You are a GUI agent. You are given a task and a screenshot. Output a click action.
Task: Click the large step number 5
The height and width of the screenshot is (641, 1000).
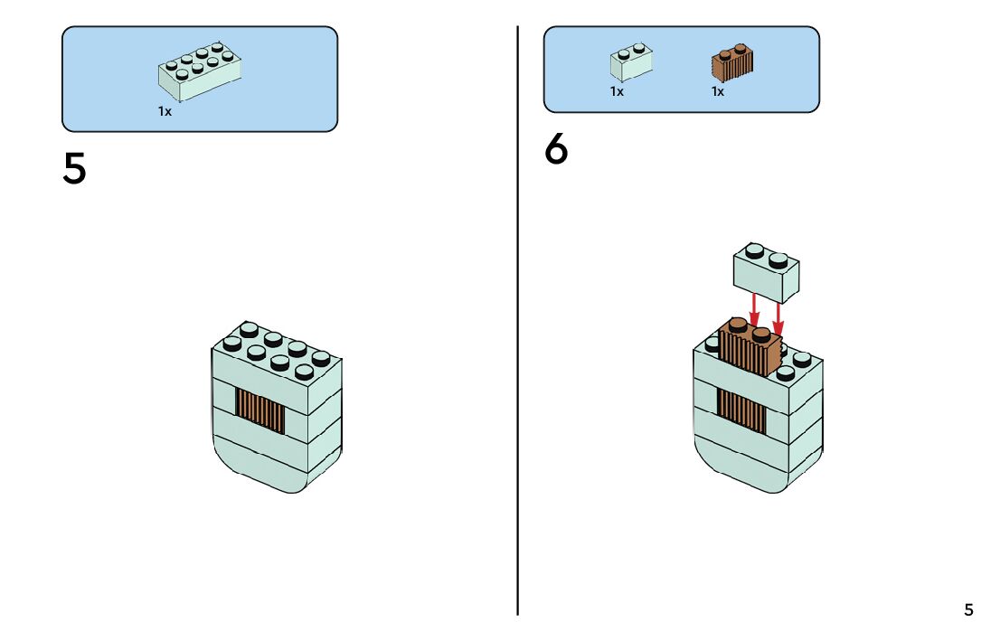pyautogui.click(x=75, y=168)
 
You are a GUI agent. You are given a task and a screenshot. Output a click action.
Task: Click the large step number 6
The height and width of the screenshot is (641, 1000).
pyautogui.click(x=556, y=150)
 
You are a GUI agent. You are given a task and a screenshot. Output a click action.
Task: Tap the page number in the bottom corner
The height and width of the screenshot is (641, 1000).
pyautogui.click(x=968, y=609)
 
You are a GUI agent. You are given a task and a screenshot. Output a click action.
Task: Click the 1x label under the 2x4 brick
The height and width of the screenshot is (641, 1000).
pyautogui.click(x=165, y=112)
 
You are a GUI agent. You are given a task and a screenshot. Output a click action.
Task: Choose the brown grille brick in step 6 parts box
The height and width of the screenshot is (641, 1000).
pyautogui.click(x=733, y=62)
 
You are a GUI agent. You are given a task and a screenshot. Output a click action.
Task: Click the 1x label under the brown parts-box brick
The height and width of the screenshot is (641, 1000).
pyautogui.click(x=718, y=91)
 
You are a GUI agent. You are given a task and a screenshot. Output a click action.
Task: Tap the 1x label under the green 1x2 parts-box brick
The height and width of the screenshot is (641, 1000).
pyautogui.click(x=617, y=91)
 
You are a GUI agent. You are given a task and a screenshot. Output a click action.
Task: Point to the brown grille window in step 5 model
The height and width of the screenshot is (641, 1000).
pyautogui.click(x=260, y=411)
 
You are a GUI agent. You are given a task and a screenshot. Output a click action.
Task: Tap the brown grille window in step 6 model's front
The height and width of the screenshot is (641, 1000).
pyautogui.click(x=741, y=409)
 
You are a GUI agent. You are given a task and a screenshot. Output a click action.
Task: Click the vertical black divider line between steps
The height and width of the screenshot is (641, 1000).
pyautogui.click(x=518, y=362)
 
